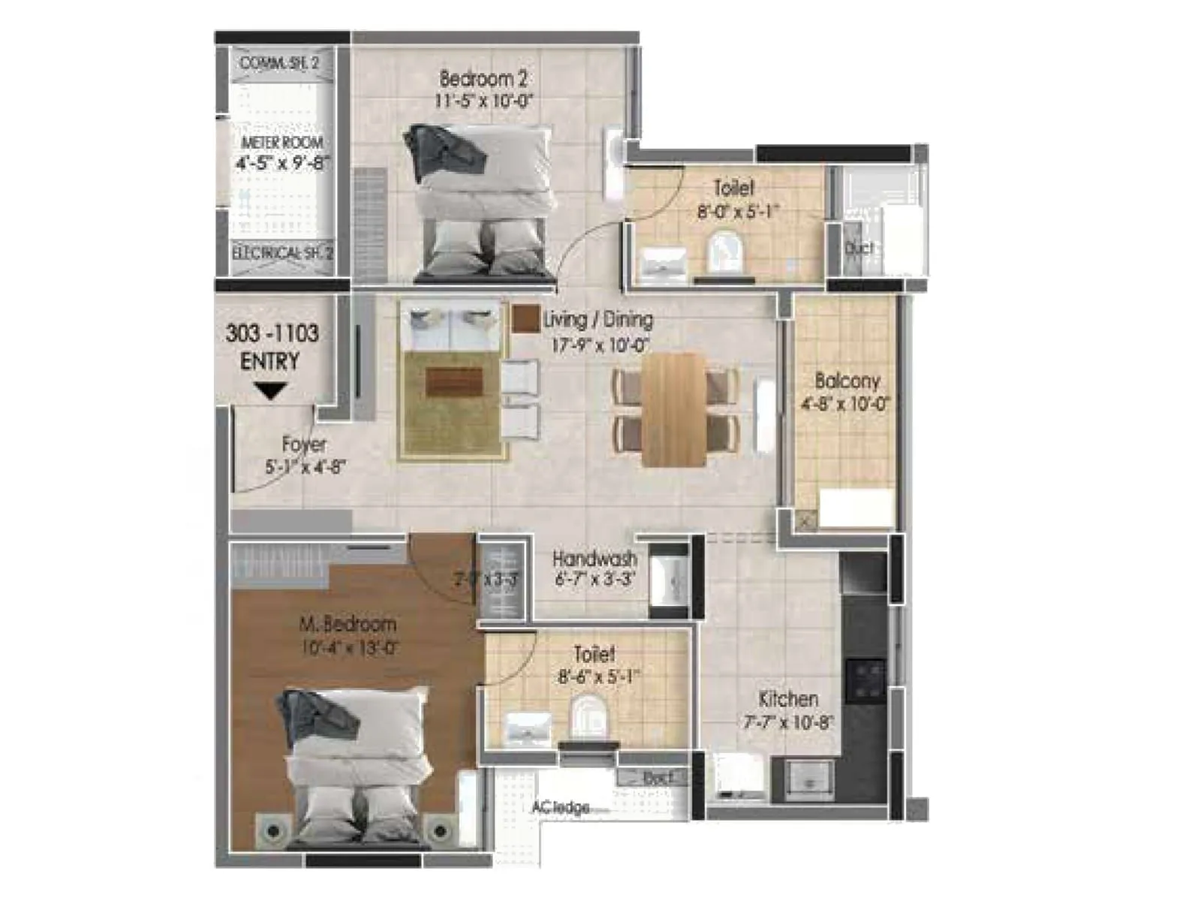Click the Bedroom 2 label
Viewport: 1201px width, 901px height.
click(483, 78)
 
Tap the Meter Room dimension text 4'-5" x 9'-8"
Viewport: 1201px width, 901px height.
click(282, 162)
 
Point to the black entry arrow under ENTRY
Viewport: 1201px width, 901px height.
click(270, 391)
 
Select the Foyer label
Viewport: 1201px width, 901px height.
click(304, 444)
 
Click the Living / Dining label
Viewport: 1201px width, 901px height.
click(597, 320)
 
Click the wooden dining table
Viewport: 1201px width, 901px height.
click(673, 409)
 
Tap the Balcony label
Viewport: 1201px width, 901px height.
click(847, 381)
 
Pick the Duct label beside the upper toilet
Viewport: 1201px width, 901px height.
click(859, 248)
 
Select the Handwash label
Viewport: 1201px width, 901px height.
click(594, 559)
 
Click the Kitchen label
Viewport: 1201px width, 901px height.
click(788, 699)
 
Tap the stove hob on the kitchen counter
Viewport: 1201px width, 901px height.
click(865, 679)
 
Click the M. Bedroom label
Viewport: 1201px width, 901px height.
click(348, 624)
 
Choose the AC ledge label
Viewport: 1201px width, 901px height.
click(560, 808)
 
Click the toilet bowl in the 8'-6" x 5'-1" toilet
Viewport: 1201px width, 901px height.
click(589, 716)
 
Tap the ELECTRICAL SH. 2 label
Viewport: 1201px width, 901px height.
click(282, 254)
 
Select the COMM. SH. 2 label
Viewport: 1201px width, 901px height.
click(279, 63)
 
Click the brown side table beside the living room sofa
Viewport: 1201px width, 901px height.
click(525, 318)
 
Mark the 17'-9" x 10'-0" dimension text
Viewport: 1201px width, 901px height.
click(600, 345)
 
